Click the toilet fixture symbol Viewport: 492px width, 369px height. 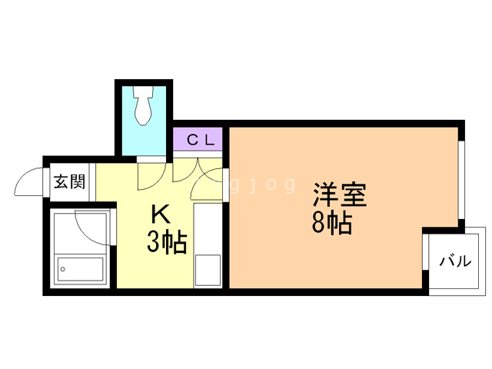tap(144, 108)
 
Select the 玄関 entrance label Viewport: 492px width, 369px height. tap(69, 183)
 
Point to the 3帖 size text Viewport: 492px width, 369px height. tap(166, 242)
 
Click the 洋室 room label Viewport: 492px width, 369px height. tap(339, 194)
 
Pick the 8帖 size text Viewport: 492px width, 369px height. tap(332, 224)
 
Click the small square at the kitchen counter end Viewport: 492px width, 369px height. tap(208, 269)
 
